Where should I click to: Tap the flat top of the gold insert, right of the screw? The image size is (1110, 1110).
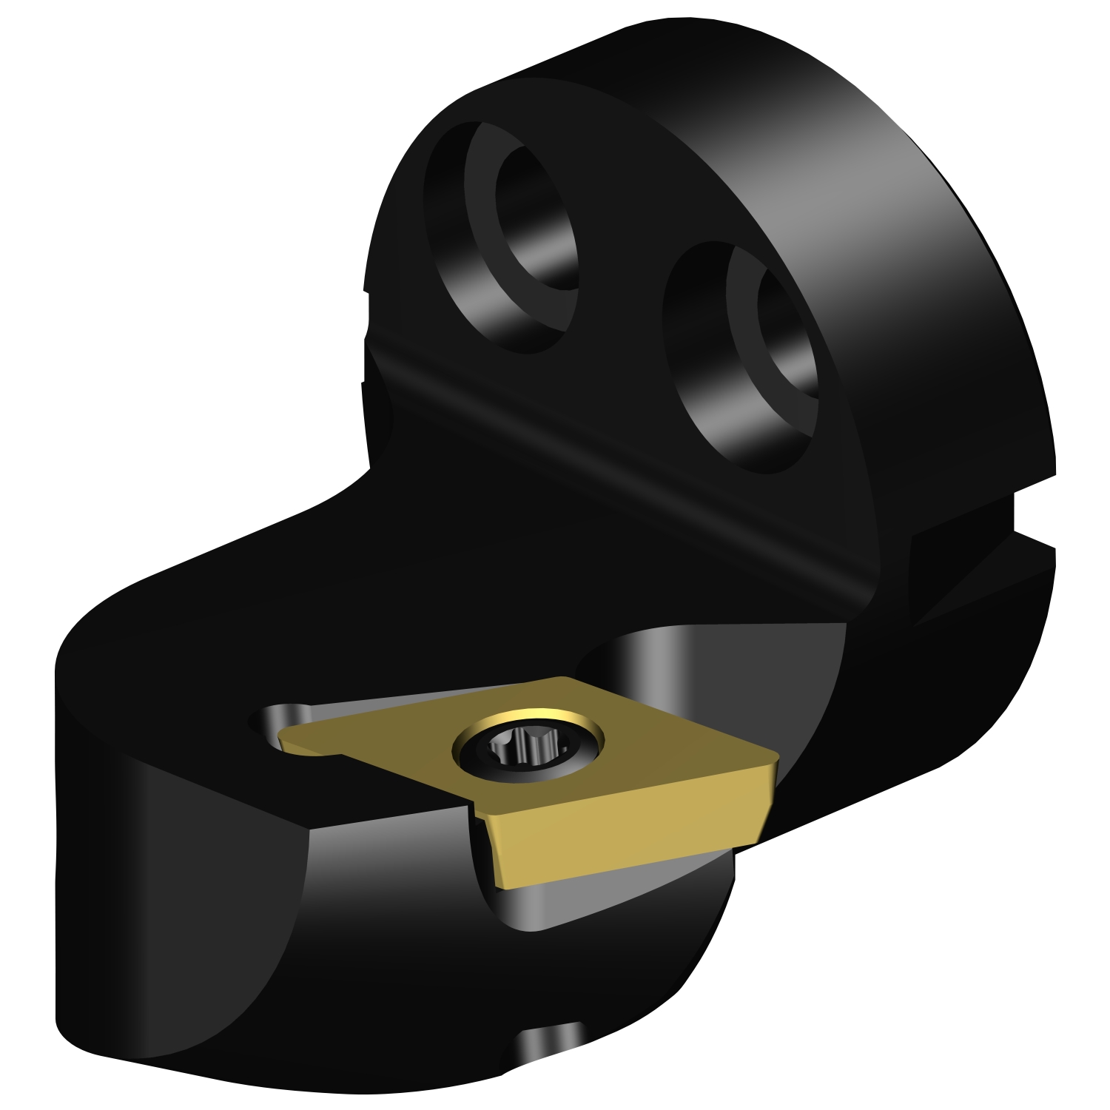666,747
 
